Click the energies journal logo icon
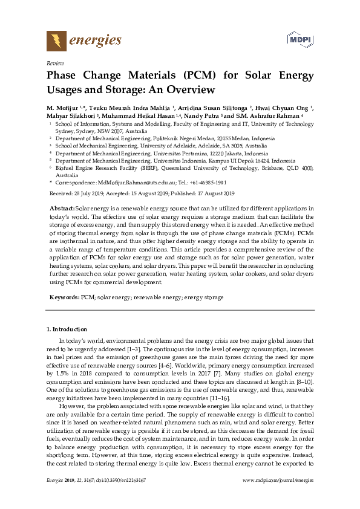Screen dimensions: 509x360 point(56,41)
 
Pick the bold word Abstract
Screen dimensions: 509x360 point(62,208)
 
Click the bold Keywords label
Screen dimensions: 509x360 point(64,297)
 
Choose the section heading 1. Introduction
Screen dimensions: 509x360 point(67,329)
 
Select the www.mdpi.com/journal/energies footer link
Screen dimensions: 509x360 point(278,497)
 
